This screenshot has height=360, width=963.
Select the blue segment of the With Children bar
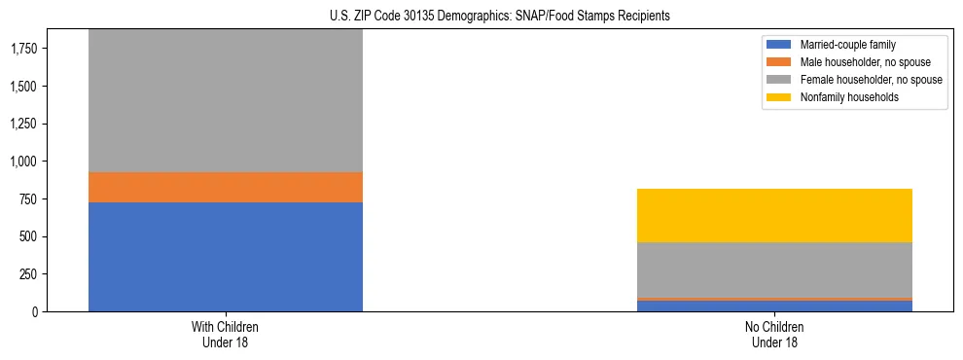226,257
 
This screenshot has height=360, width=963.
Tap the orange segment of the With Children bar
226,187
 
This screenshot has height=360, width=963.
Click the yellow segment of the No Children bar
775,215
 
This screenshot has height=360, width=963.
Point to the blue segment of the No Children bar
775,306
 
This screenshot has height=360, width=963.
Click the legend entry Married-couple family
847,45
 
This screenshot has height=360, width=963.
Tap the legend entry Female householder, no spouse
871,80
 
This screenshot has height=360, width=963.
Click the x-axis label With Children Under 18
226,335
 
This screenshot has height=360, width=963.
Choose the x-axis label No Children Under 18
775,335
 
